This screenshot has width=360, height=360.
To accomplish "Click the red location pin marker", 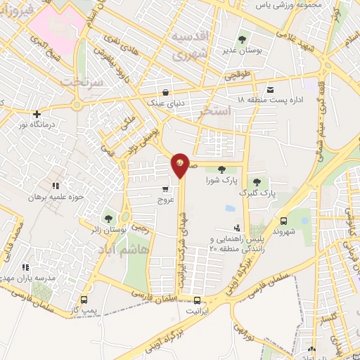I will (x=181, y=165).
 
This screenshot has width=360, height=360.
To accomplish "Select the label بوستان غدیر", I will (x=243, y=51).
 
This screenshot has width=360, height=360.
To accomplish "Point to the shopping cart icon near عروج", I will (x=165, y=188).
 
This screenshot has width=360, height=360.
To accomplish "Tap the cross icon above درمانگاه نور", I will (x=37, y=114).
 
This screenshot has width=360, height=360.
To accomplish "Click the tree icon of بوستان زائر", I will (x=108, y=219).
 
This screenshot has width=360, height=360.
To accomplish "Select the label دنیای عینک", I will (x=165, y=103).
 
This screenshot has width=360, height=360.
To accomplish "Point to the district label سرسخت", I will (x=83, y=82).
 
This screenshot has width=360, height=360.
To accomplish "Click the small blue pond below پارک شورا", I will (x=230, y=209).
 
